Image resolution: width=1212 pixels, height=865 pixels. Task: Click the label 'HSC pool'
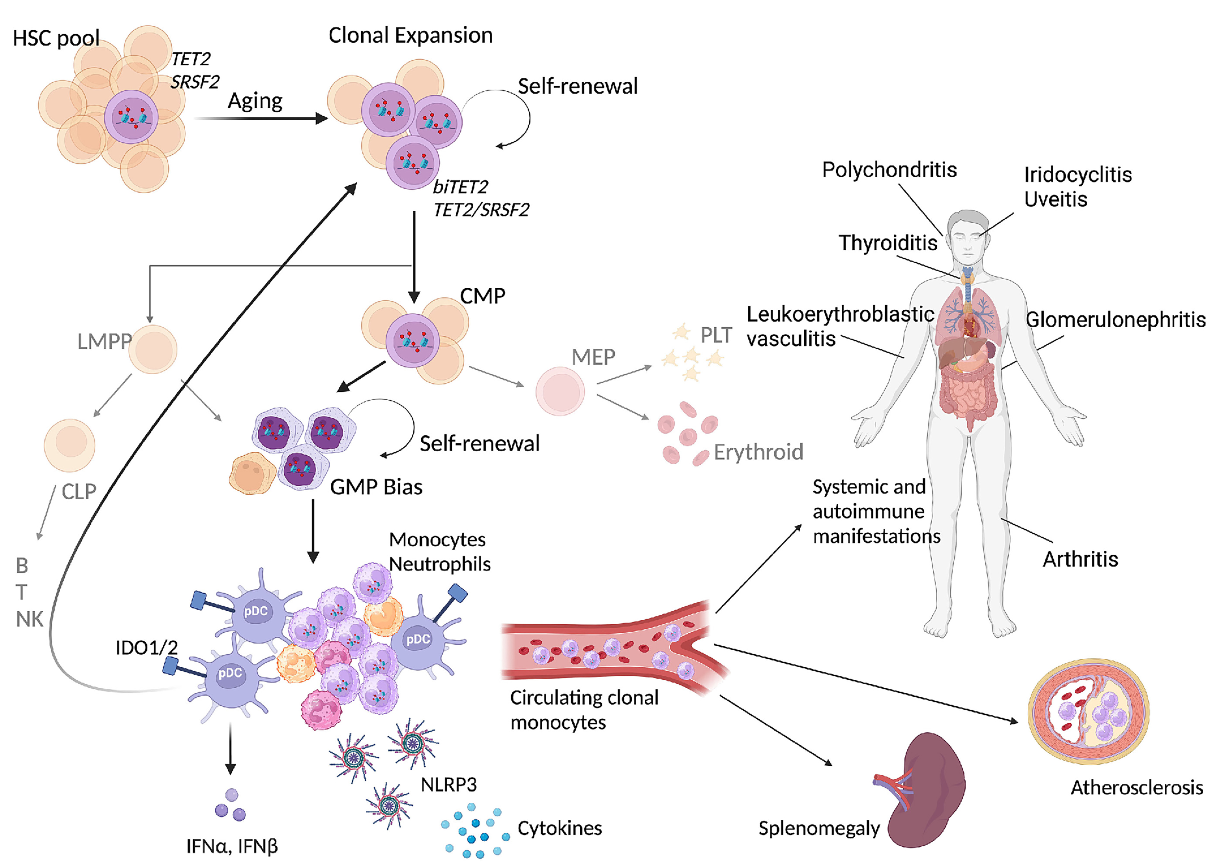click(x=56, y=38)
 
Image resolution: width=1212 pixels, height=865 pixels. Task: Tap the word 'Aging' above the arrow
click(x=255, y=101)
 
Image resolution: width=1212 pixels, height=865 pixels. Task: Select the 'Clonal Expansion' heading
click(x=410, y=36)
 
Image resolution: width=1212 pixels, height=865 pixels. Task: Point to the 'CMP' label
click(x=482, y=296)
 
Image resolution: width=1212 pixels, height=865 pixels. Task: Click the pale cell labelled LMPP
click(x=154, y=349)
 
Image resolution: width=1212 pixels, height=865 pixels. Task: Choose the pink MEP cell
click(x=560, y=391)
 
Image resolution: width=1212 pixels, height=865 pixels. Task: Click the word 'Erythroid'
click(x=758, y=452)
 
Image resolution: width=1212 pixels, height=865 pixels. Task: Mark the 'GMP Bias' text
click(x=376, y=487)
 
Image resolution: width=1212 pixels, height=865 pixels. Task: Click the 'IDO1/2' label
click(x=146, y=648)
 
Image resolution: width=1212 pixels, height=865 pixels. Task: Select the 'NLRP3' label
click(x=448, y=784)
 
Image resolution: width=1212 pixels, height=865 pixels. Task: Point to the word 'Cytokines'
click(x=560, y=828)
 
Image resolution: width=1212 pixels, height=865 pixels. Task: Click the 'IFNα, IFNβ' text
click(x=232, y=846)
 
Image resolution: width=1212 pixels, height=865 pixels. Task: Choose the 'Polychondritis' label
click(x=889, y=170)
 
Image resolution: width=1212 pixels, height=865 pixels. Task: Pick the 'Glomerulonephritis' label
click(x=1116, y=320)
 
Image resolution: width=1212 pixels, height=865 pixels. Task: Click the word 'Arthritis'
click(x=1080, y=559)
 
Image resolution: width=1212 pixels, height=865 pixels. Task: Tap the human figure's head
click(x=968, y=237)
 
